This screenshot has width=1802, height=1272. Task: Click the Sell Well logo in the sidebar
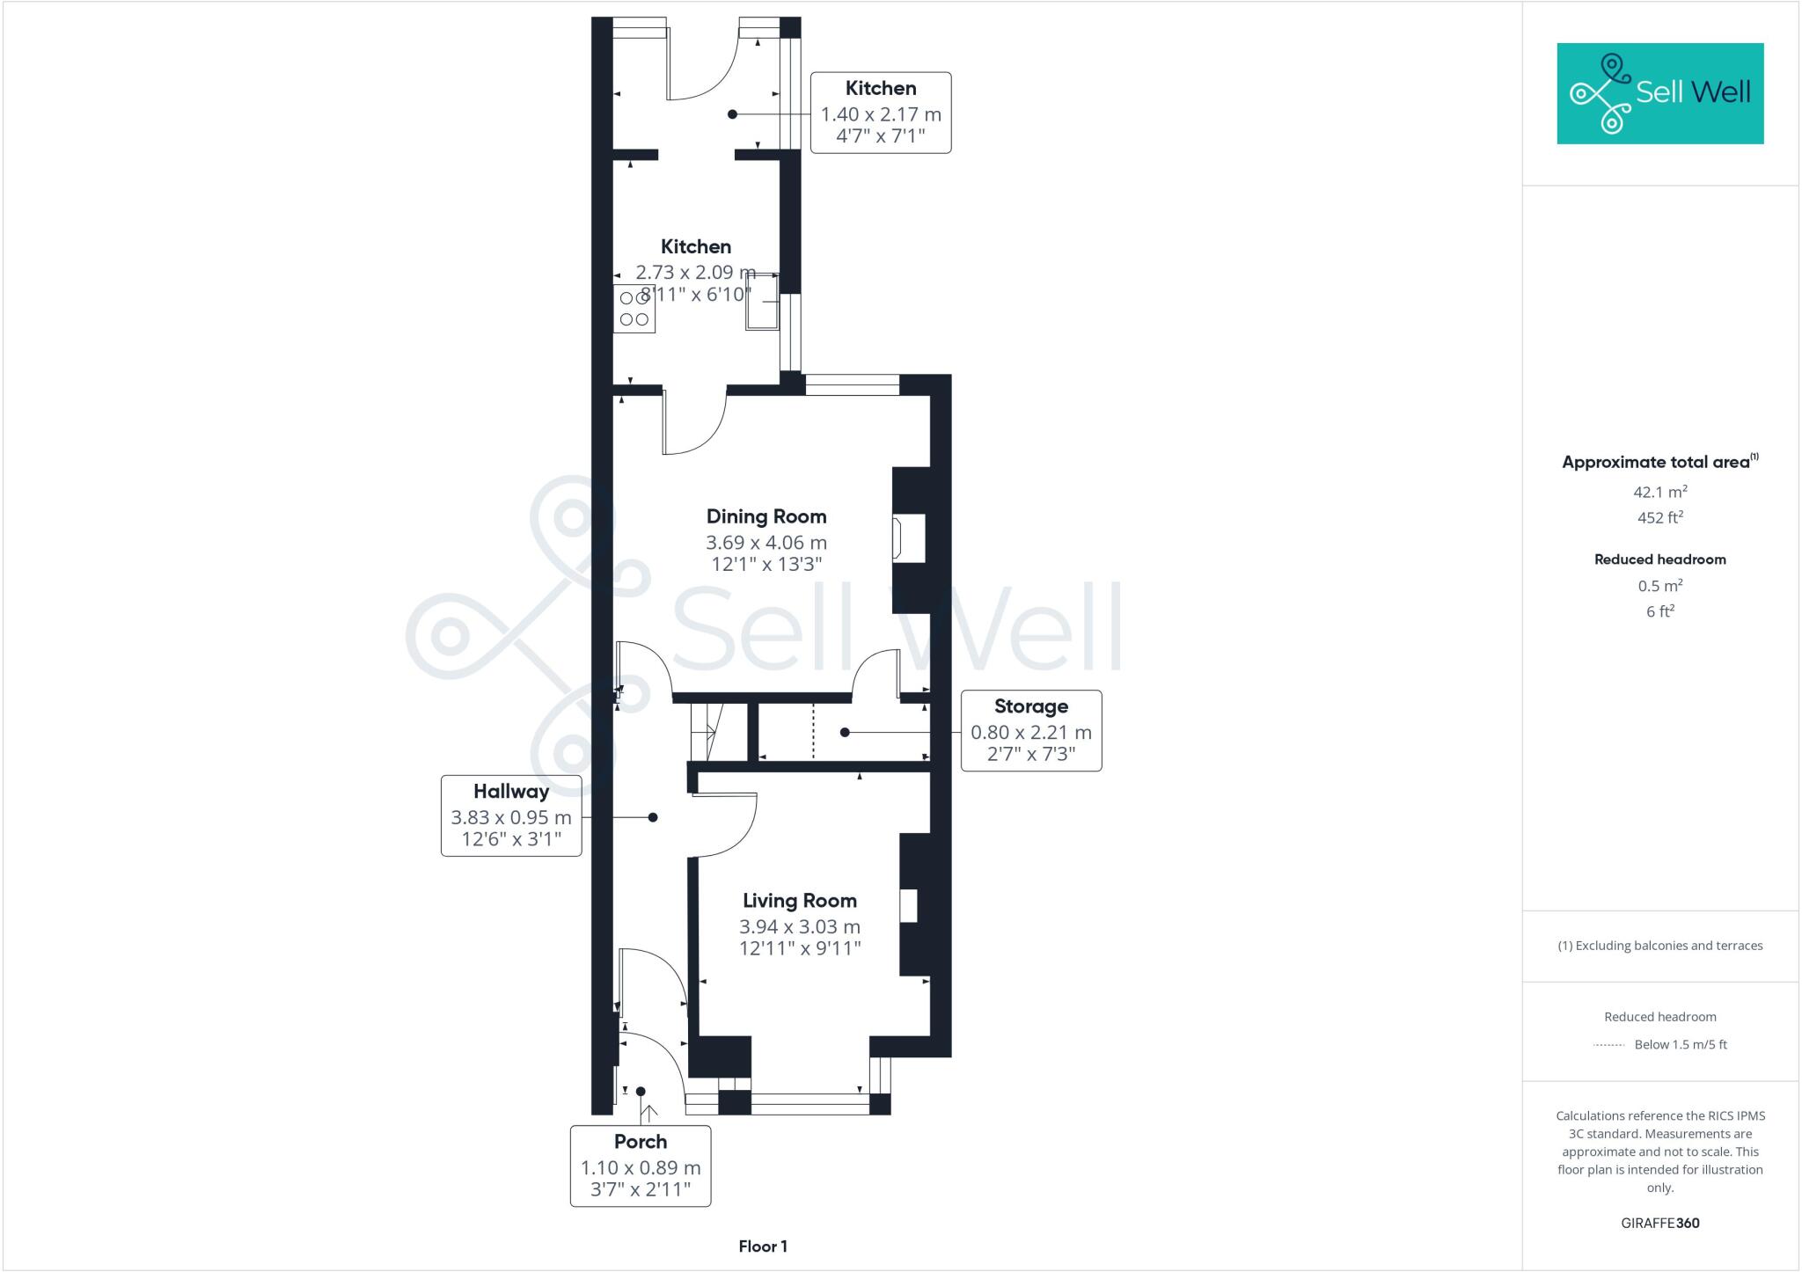pos(1659,93)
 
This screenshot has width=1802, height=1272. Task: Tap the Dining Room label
pos(765,516)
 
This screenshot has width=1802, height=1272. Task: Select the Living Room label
pos(799,901)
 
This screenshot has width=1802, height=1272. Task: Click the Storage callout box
pos(1030,731)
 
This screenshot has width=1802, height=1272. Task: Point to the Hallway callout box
pos(511,815)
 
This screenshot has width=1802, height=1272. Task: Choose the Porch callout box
pos(640,1166)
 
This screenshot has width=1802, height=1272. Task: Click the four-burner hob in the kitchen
pos(634,309)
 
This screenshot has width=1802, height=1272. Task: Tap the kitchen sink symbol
pos(762,302)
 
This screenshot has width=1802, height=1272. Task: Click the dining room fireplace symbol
pos(907,538)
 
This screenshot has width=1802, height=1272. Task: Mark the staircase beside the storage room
pos(706,731)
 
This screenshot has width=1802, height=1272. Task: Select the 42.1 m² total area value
pos(1659,492)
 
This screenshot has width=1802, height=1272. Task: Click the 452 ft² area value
pos(1659,517)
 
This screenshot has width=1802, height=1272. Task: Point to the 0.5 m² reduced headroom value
pos(1659,586)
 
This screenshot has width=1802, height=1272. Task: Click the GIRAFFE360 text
pos(1659,1223)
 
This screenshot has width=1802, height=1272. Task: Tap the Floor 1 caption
pos(763,1246)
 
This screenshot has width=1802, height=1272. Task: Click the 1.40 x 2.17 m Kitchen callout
pos(880,113)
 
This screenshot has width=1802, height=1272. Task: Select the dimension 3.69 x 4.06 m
pos(765,543)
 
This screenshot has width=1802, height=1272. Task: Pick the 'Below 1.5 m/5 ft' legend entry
pos(1680,1045)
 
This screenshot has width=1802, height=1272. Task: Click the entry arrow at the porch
pos(650,1114)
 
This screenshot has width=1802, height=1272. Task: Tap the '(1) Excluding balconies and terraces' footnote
pos(1659,946)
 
